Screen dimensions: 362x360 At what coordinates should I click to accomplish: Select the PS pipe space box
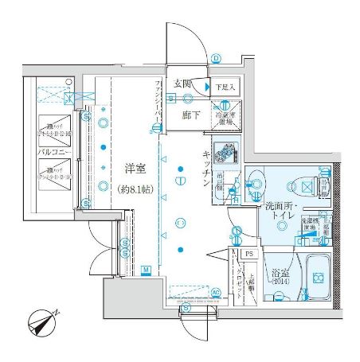248,254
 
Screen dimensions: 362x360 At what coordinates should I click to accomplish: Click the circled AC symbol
215,293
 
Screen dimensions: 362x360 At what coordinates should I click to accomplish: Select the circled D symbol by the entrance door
215,57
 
